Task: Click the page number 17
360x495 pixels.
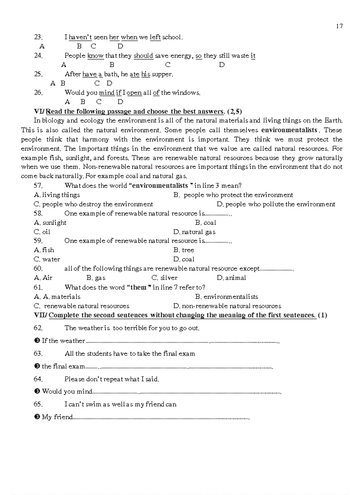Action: coord(339,26)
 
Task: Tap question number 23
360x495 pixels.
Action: coord(38,37)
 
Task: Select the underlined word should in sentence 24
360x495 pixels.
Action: coord(143,56)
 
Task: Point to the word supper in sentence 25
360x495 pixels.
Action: coord(162,74)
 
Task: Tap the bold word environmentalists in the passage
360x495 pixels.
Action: coord(289,130)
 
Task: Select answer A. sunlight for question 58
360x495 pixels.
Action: coord(50,223)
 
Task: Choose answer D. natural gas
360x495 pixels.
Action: coord(195,232)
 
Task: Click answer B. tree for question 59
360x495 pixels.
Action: coord(184,250)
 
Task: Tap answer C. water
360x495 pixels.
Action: coord(47,259)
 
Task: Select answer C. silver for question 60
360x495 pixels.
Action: coord(165,278)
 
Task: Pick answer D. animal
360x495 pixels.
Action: coord(232,278)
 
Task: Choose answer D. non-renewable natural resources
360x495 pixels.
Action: coord(227,306)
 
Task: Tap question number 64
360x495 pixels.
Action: coord(38,379)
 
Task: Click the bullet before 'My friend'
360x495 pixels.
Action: coord(37,417)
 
